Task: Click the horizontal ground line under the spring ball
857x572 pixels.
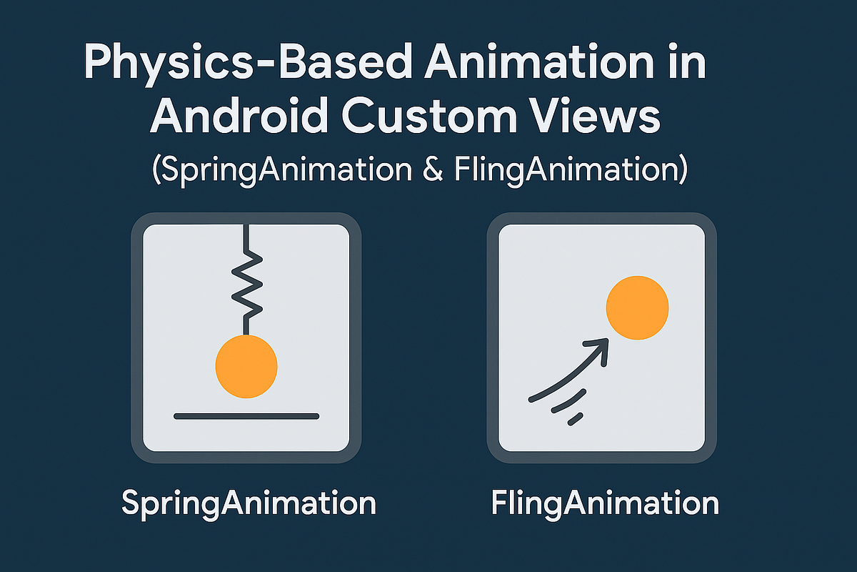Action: (x=246, y=416)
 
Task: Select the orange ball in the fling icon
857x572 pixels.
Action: (x=637, y=307)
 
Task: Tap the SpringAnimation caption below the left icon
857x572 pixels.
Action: (x=249, y=503)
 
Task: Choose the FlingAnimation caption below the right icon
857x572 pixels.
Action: (x=605, y=503)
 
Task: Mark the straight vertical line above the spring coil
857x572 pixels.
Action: (x=246, y=240)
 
